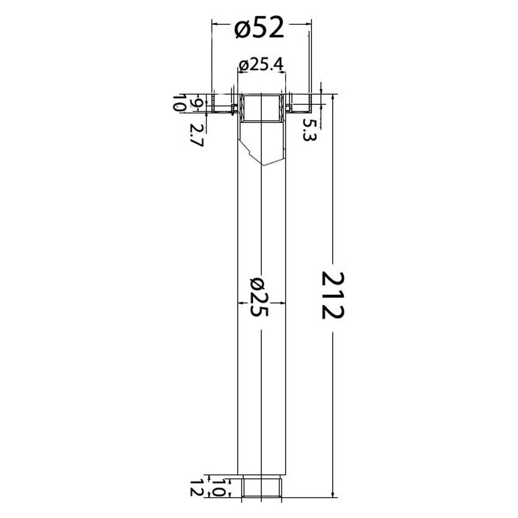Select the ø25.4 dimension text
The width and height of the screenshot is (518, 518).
point(263,65)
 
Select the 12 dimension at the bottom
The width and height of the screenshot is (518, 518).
point(196,488)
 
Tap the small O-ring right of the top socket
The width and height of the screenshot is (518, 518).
point(287,108)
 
